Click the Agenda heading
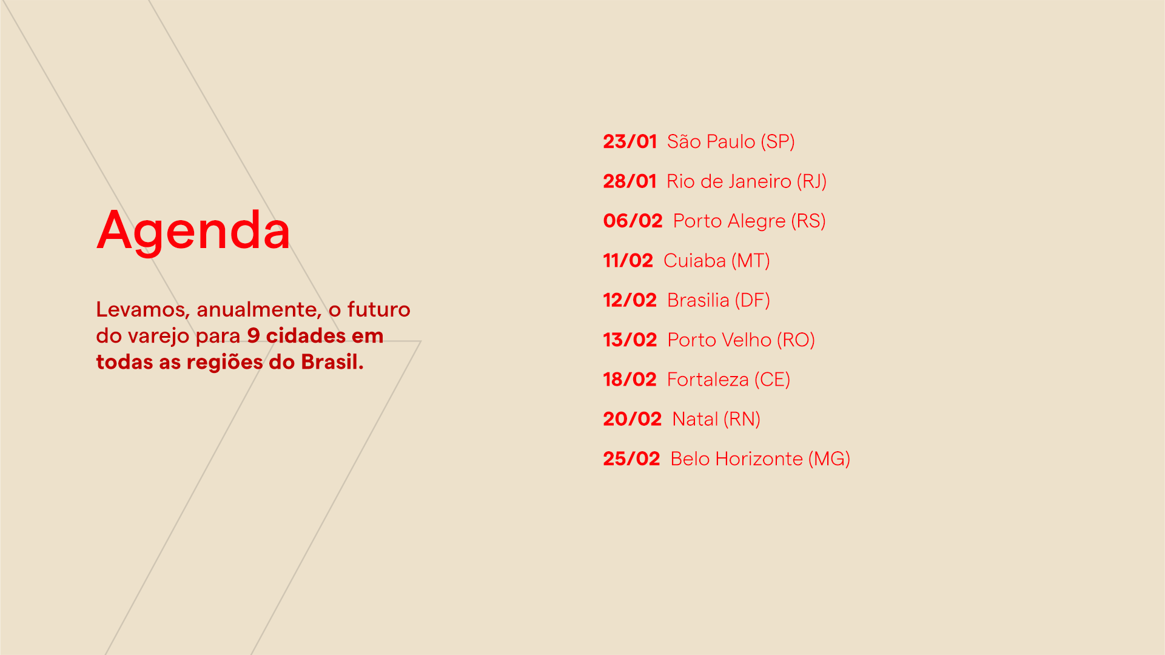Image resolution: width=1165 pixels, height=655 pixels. coord(193,231)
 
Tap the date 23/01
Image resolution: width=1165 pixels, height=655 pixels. coord(630,141)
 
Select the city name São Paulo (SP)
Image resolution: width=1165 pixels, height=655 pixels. coord(731,142)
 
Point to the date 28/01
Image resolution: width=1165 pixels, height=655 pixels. coord(630,181)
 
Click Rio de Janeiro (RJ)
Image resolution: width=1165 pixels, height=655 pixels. coord(747,181)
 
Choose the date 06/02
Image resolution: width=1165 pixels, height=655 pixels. coord(633,221)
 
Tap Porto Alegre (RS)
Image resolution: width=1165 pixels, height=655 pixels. coord(750,221)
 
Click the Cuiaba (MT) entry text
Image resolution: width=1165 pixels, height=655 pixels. coord(717,261)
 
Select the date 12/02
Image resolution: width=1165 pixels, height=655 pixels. coord(630,300)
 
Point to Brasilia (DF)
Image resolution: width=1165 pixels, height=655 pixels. coord(719,300)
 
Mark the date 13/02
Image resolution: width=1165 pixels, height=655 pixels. coord(630,340)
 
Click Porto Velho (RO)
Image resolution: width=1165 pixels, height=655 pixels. coord(741,340)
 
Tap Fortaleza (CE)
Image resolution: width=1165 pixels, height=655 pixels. coord(729,380)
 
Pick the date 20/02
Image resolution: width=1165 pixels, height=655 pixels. coord(633,419)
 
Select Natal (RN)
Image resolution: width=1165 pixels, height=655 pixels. coord(716,419)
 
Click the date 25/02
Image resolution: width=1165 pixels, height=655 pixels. coord(631,458)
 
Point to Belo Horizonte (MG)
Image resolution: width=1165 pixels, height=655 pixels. coord(760,459)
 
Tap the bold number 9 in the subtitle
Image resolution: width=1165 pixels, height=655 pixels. coord(253,336)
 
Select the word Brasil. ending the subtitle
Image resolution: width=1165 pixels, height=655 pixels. coord(332,362)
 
